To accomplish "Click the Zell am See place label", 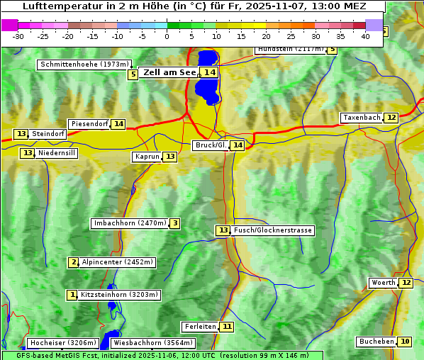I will (169, 72).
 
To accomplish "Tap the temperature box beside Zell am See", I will (208, 72).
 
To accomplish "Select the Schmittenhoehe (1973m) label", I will (84, 64).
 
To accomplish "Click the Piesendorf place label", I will (89, 124).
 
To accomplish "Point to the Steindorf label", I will (48, 134).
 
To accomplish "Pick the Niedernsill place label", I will (57, 153).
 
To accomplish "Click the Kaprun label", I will (147, 157).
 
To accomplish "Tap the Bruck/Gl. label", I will (211, 145).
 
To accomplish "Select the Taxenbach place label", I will (362, 118).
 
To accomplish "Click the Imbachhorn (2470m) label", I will (130, 224).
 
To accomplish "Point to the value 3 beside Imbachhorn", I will (174, 224).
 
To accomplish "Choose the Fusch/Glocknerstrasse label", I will (273, 230).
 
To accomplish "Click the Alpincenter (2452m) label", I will (117, 262).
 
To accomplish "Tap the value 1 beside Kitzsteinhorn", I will (72, 295).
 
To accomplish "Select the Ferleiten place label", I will (199, 327).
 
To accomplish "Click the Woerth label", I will (383, 283).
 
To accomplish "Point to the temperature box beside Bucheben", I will (405, 342).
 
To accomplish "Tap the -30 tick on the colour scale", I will (18, 35).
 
